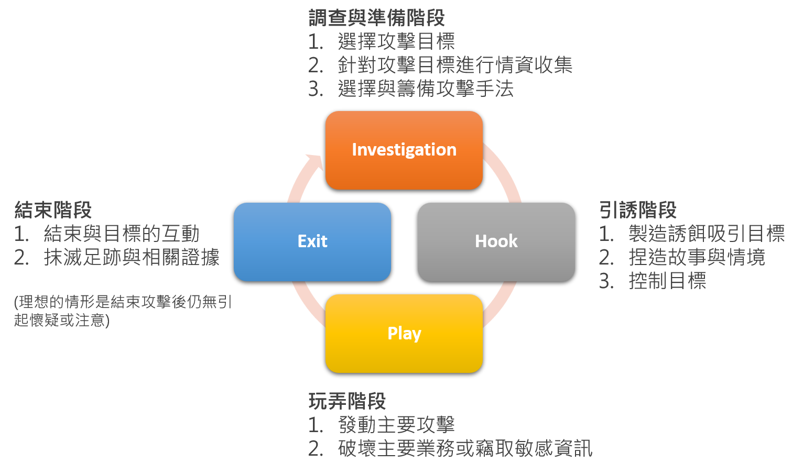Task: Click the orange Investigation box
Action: (404, 150)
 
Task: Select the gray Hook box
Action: (496, 241)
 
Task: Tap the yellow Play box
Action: (404, 333)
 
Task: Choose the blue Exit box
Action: (312, 241)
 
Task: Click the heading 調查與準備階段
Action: (376, 18)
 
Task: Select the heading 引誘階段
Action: (637, 210)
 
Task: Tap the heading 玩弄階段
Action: (347, 401)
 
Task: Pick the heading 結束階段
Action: (53, 210)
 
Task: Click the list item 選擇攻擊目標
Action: (396, 41)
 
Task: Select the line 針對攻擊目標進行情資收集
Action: (454, 65)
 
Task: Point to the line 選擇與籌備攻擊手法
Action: (425, 89)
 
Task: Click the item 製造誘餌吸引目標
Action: (706, 234)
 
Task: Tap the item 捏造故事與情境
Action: (697, 257)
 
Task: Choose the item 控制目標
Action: (667, 281)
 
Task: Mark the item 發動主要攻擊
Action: (396, 425)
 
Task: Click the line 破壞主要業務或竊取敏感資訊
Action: (465, 448)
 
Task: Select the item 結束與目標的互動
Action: (122, 234)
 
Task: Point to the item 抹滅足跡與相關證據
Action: (132, 257)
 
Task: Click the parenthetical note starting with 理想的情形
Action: (123, 311)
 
